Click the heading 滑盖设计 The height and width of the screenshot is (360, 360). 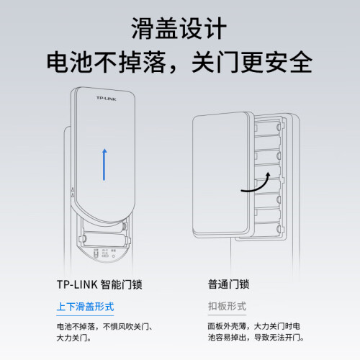point(179,28)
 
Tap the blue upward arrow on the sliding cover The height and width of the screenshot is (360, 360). point(104,164)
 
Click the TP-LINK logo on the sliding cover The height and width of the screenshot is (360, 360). point(107,99)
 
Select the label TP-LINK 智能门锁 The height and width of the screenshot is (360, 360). point(99,284)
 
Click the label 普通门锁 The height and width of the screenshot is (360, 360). point(228,284)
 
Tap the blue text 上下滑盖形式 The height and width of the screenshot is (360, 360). point(85,307)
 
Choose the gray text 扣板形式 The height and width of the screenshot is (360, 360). point(227,306)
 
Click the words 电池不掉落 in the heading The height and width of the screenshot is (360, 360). point(107,62)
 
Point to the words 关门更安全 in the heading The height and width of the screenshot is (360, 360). point(252,62)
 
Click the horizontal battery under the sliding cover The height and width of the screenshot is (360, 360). point(104,239)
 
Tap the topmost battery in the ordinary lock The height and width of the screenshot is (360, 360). point(267,127)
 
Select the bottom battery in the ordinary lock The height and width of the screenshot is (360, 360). point(267,229)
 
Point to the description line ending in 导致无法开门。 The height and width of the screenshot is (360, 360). point(256,338)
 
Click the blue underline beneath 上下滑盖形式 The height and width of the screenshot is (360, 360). point(85,315)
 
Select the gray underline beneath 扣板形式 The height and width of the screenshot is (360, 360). point(227,315)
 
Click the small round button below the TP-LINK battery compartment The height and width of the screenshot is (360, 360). point(113,256)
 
